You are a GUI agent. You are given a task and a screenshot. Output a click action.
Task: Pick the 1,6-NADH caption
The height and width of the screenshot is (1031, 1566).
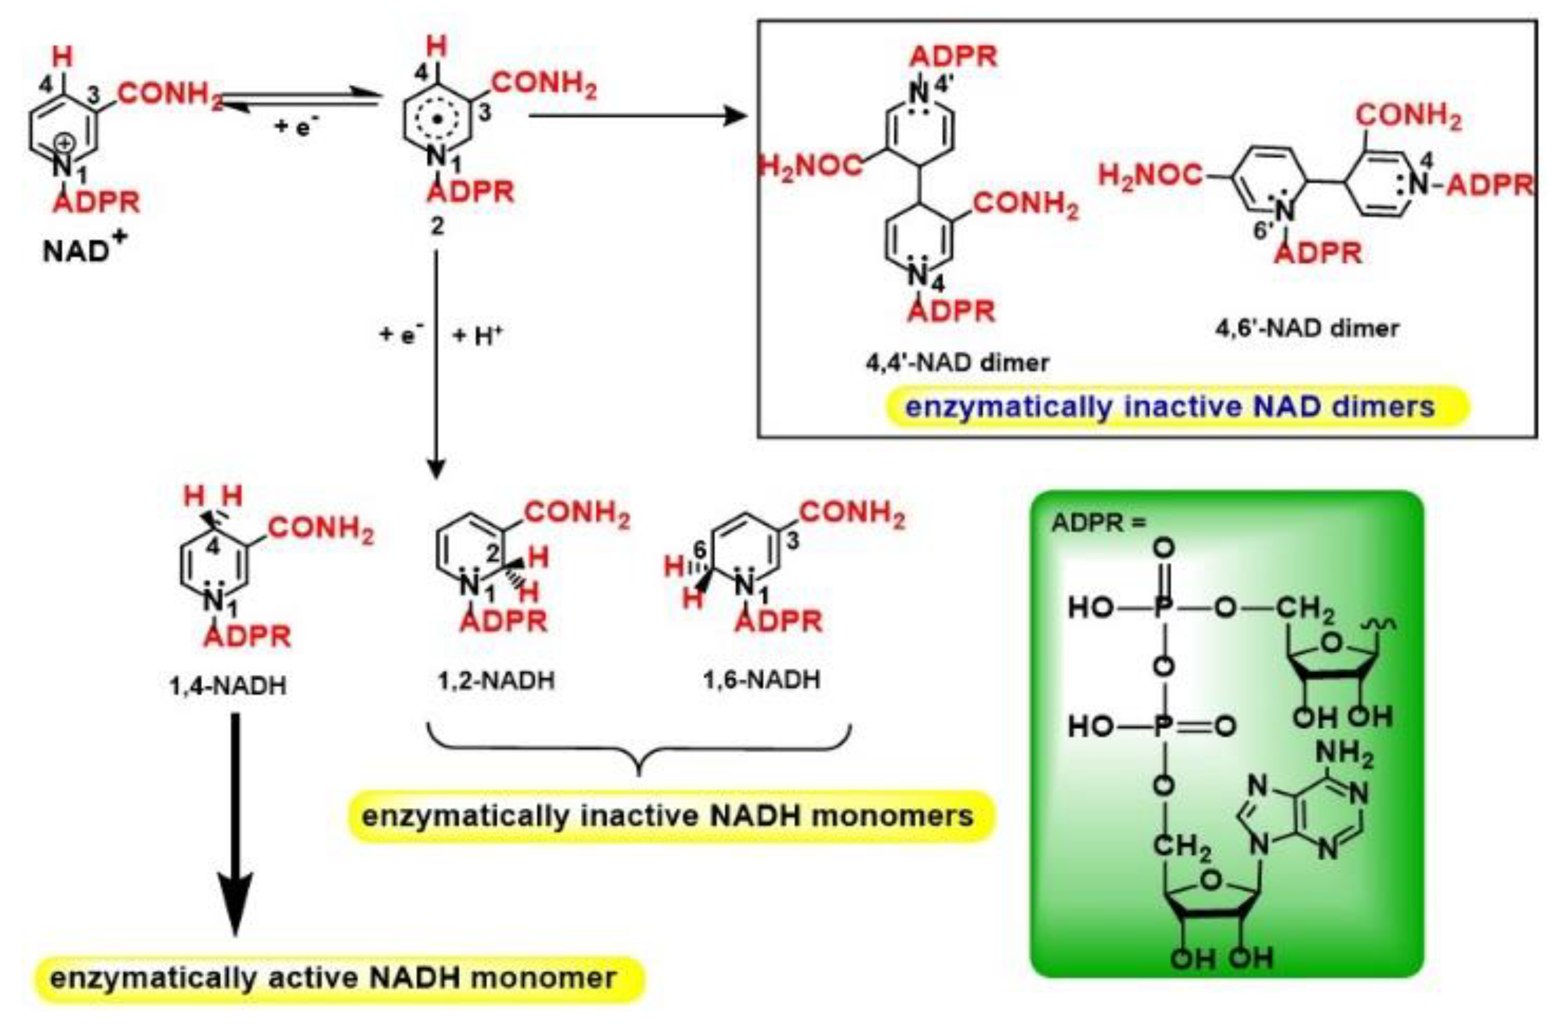click(761, 680)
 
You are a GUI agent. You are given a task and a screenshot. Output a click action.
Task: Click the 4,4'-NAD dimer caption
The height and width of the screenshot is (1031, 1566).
click(958, 362)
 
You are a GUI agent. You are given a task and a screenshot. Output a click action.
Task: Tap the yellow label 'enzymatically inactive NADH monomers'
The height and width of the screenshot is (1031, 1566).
click(667, 816)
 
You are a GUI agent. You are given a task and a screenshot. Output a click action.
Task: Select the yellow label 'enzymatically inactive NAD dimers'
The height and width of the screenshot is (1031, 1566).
click(1169, 407)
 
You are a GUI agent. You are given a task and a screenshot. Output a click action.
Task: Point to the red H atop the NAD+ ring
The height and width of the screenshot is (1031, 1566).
click(63, 57)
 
